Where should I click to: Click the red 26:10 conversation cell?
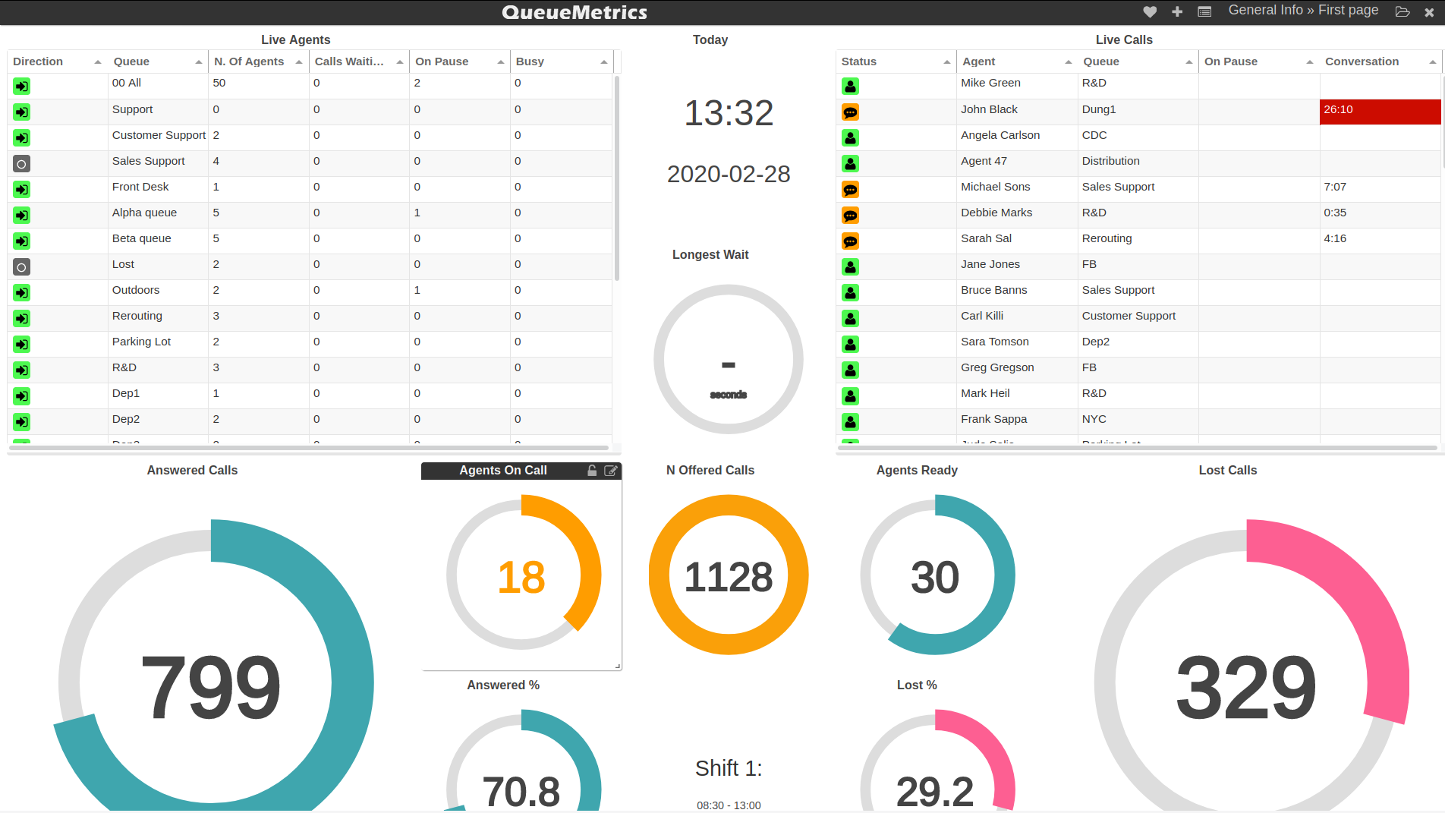point(1379,111)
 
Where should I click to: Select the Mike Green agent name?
point(990,83)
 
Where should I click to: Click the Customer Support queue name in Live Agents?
point(159,135)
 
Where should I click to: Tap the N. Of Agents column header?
point(250,61)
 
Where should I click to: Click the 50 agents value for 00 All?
point(219,83)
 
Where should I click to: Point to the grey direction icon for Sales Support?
point(22,164)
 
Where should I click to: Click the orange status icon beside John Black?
point(850,112)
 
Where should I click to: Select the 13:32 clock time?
point(729,113)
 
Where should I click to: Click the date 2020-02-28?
point(729,174)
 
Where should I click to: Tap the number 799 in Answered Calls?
point(211,686)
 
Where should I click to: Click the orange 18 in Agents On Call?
point(521,577)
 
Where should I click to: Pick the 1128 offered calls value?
point(729,577)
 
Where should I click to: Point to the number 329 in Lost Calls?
point(1245,688)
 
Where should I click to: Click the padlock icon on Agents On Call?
point(592,471)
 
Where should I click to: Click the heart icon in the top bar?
point(1150,11)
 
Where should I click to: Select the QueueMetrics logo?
point(575,12)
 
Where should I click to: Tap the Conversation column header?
point(1362,61)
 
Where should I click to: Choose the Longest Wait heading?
point(710,255)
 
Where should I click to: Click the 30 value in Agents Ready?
point(935,577)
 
